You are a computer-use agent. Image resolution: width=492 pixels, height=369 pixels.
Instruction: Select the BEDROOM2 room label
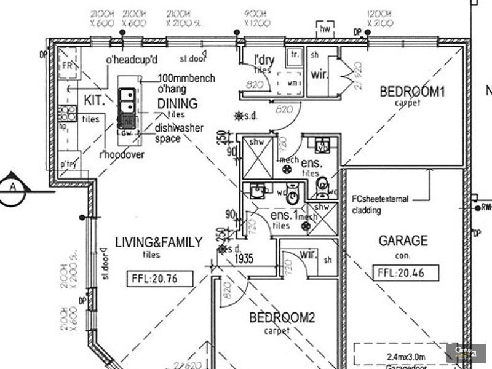pos(282,318)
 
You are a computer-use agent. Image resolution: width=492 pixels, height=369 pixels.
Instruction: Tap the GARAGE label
pos(403,240)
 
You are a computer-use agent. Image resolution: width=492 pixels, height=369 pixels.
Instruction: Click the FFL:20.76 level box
pos(160,279)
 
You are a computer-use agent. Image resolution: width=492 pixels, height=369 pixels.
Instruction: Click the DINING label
pos(177,104)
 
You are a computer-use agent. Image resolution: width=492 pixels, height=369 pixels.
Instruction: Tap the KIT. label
pos(93,100)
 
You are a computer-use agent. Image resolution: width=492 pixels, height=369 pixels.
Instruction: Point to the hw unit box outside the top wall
pos(324,28)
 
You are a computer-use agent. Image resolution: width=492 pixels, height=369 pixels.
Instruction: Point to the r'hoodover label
pos(121,155)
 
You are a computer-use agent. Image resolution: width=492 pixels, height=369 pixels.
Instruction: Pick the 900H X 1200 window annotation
pos(254,18)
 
